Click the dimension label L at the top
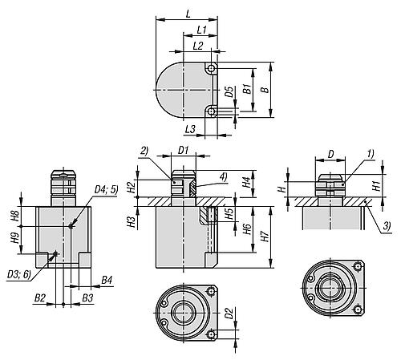click(188, 14)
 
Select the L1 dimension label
click(202, 30)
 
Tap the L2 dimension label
click(198, 46)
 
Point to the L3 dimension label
click(190, 130)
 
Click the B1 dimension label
click(247, 89)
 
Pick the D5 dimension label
click(229, 91)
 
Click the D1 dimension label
click(184, 151)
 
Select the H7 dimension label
click(265, 237)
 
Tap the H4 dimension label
click(247, 183)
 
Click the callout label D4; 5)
click(106, 190)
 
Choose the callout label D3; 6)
click(19, 274)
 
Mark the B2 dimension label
click(40, 297)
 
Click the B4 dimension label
click(107, 280)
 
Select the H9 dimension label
click(15, 238)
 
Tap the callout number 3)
click(387, 226)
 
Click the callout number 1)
click(371, 154)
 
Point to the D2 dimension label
click(229, 313)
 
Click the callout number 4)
click(223, 176)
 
